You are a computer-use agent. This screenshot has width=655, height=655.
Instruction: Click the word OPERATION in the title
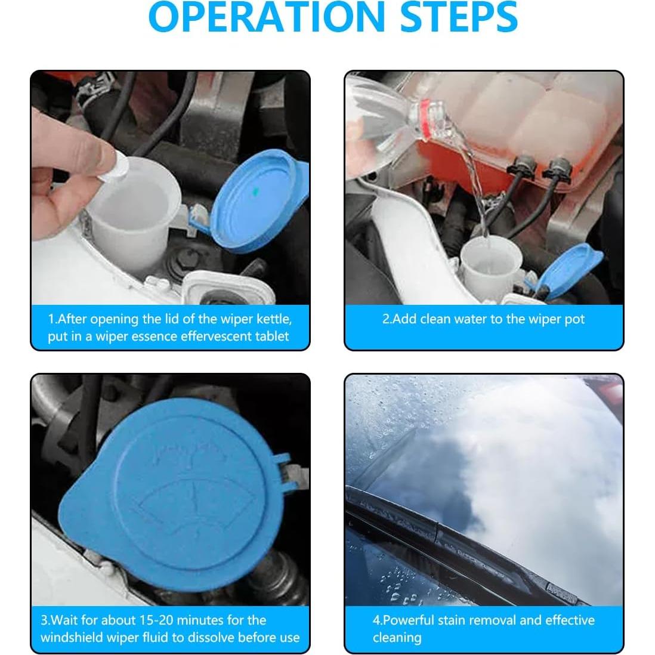[x=267, y=17]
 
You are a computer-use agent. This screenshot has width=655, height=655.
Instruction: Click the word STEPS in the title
[x=459, y=17]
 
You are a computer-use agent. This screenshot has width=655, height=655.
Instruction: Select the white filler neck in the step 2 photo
[x=491, y=265]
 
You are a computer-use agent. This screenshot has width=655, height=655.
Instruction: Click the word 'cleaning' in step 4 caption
[x=397, y=638]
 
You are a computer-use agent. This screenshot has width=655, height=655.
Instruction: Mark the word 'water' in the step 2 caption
[x=471, y=319]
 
